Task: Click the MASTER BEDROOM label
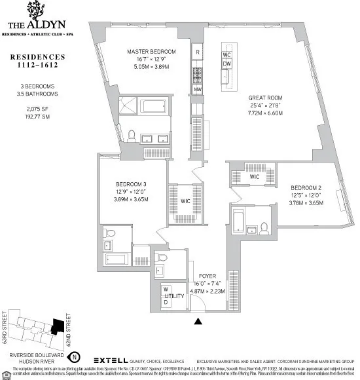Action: [151, 52]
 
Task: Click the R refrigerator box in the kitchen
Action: [197, 52]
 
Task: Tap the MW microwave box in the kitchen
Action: [197, 90]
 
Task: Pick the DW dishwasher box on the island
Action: [227, 64]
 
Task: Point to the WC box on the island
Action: [227, 54]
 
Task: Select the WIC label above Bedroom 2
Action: [255, 177]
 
